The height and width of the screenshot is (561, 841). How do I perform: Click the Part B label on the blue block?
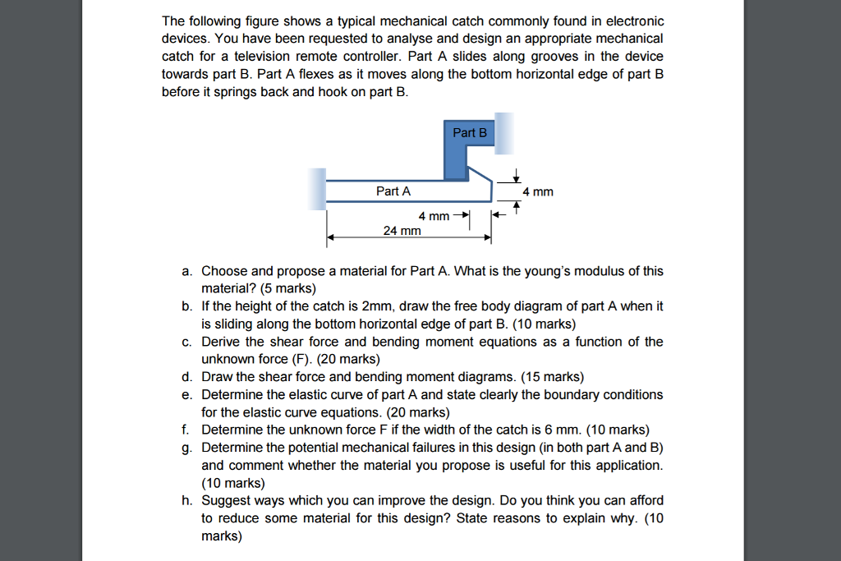tap(469, 132)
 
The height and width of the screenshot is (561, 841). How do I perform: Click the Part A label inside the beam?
tap(393, 191)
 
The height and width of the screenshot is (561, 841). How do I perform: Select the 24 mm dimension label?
tap(402, 231)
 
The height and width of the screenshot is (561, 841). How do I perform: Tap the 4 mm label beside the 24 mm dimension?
tap(434, 216)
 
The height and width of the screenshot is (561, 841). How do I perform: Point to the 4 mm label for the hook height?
tap(538, 191)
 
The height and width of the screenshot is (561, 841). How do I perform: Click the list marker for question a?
tap(187, 271)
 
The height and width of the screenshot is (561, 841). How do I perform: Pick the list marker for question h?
tap(187, 500)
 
